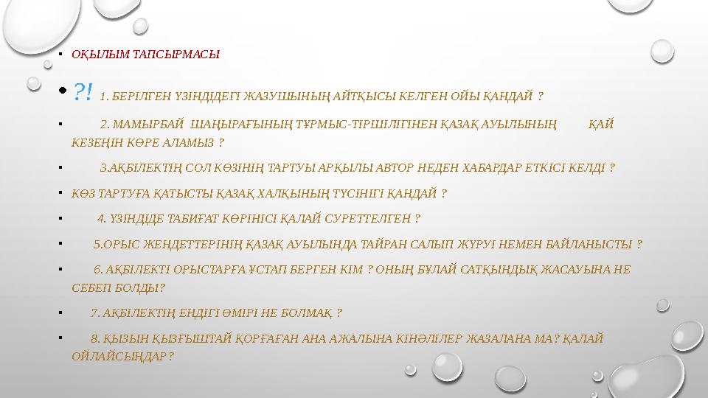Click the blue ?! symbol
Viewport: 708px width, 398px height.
point(83,91)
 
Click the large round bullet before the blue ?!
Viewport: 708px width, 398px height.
point(62,91)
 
